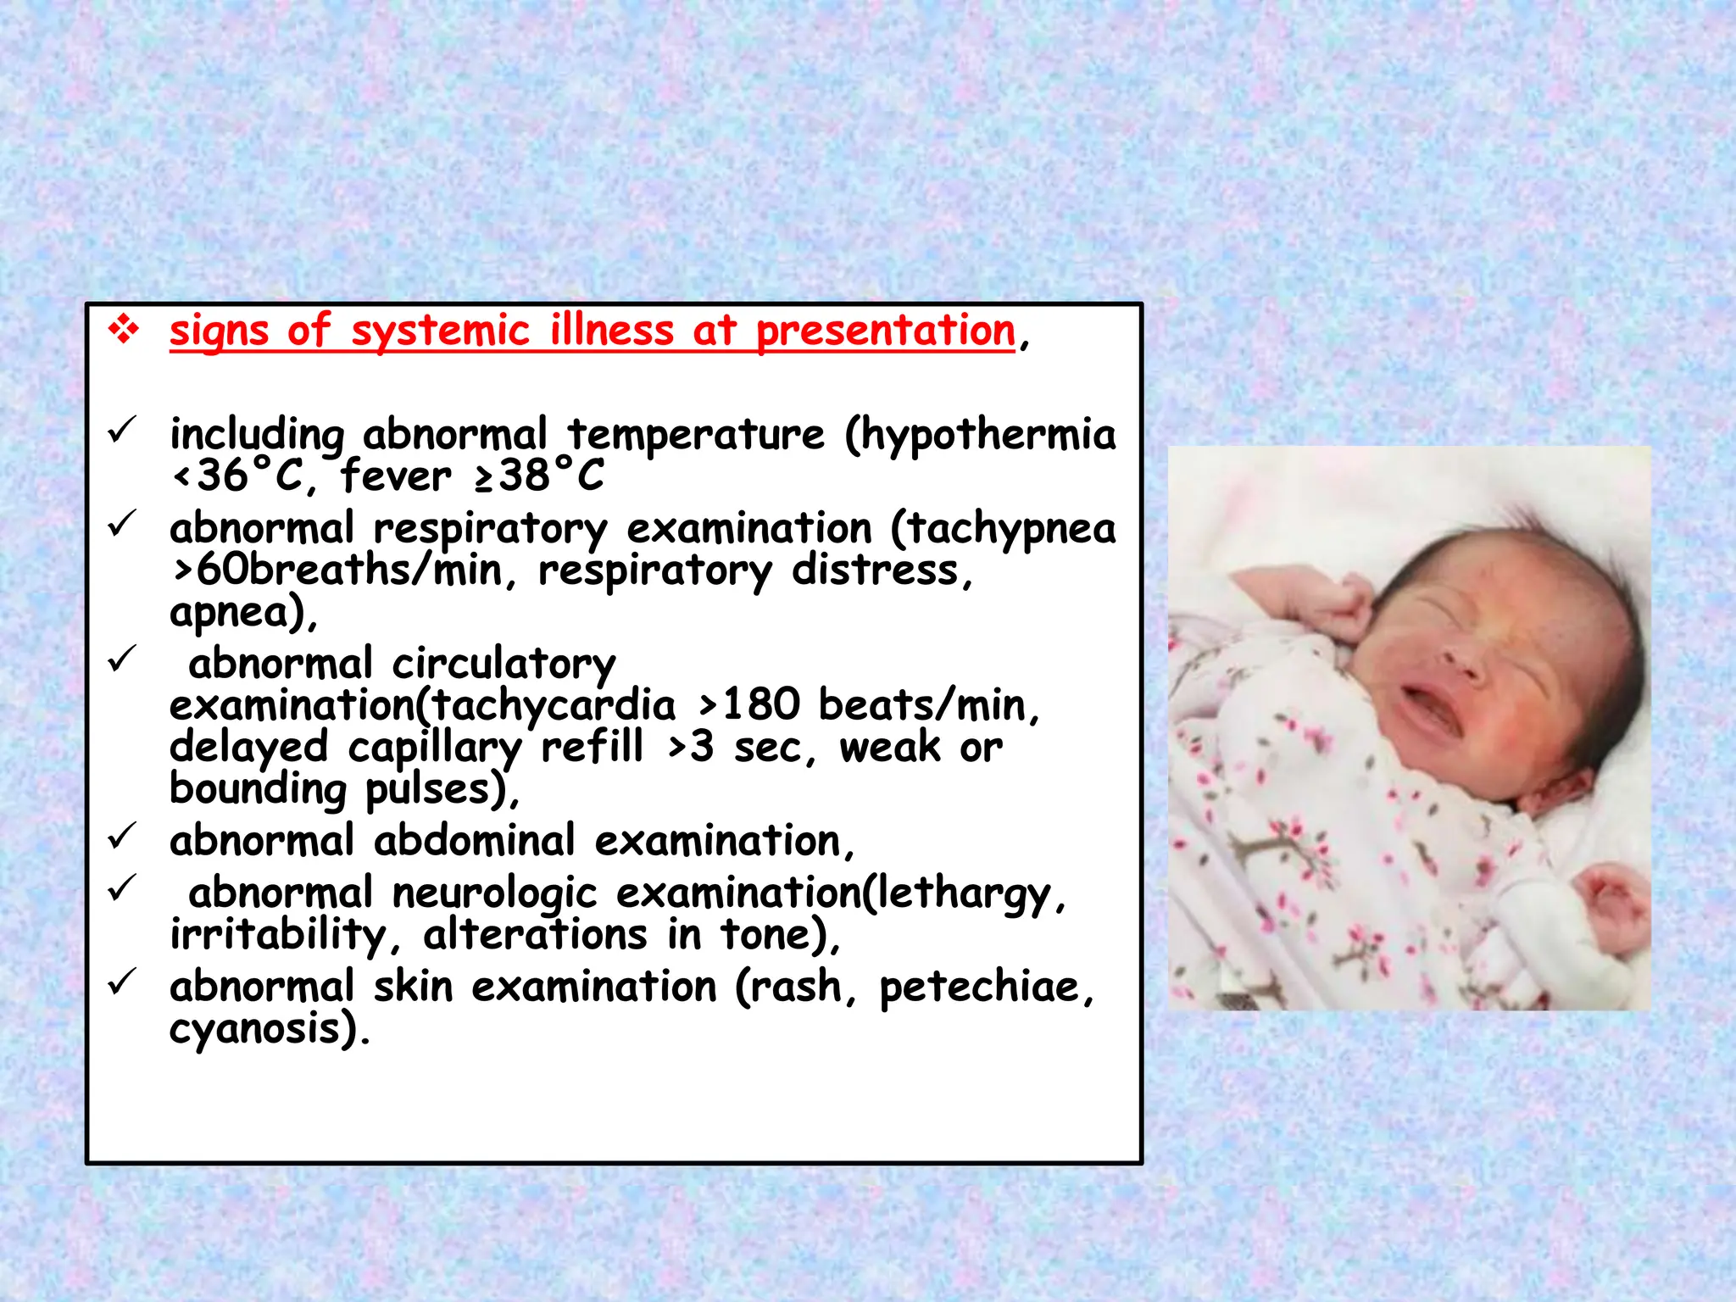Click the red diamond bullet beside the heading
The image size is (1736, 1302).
tap(124, 330)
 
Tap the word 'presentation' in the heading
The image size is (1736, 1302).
tap(885, 331)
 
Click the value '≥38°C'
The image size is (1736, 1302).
tap(539, 476)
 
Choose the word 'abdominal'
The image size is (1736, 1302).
tap(475, 842)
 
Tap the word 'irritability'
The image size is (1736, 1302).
tap(278, 935)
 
